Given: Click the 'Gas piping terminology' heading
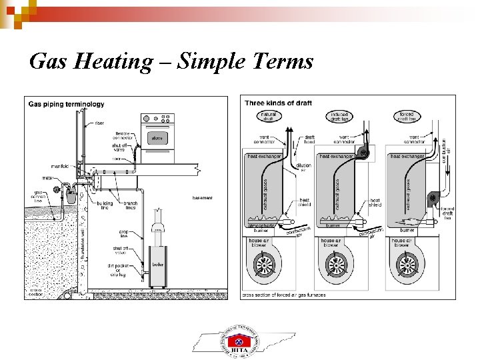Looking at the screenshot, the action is [66, 103].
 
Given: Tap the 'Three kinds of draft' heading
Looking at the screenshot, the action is [278, 103].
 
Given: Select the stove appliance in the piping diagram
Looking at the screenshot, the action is [157, 138].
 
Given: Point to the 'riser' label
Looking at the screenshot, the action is [99, 123].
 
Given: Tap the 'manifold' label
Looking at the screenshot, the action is [60, 166].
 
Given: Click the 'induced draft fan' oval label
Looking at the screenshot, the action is [338, 117].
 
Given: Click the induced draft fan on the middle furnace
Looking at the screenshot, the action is [363, 153].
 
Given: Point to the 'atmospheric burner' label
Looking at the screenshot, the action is [261, 229].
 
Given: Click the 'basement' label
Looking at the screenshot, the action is [202, 197].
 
